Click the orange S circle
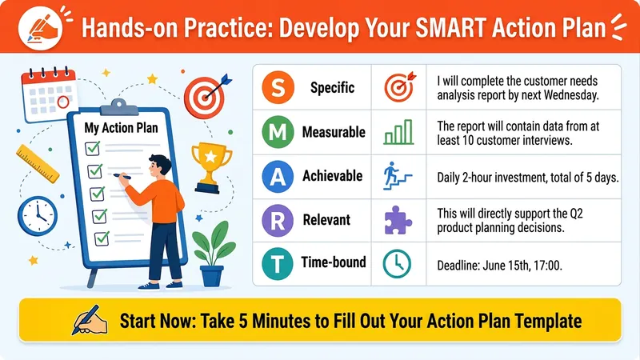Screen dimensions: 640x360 pyautogui.click(x=278, y=87)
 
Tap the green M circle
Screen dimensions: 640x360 pyautogui.click(x=278, y=132)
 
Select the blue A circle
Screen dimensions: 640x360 pyautogui.click(x=278, y=176)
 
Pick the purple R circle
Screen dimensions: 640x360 pyautogui.click(x=278, y=221)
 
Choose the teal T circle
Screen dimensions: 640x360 pyautogui.click(x=278, y=264)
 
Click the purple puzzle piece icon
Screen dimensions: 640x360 pyautogui.click(x=398, y=220)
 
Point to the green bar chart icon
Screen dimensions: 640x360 pyautogui.click(x=398, y=132)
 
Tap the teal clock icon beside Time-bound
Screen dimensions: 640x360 pyautogui.click(x=397, y=264)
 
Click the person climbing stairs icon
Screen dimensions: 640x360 pyautogui.click(x=397, y=176)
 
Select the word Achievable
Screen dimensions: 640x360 pyautogui.click(x=332, y=176)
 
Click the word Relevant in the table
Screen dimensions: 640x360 pyautogui.click(x=326, y=220)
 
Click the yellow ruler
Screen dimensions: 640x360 pyautogui.click(x=38, y=164)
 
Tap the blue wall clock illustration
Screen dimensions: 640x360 pyautogui.click(x=38, y=216)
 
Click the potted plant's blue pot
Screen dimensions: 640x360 pyautogui.click(x=212, y=276)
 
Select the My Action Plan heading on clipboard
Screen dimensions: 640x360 pyautogui.click(x=121, y=128)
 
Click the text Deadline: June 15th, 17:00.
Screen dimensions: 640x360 pyautogui.click(x=499, y=266)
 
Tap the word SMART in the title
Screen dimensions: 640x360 pyautogui.click(x=451, y=28)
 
